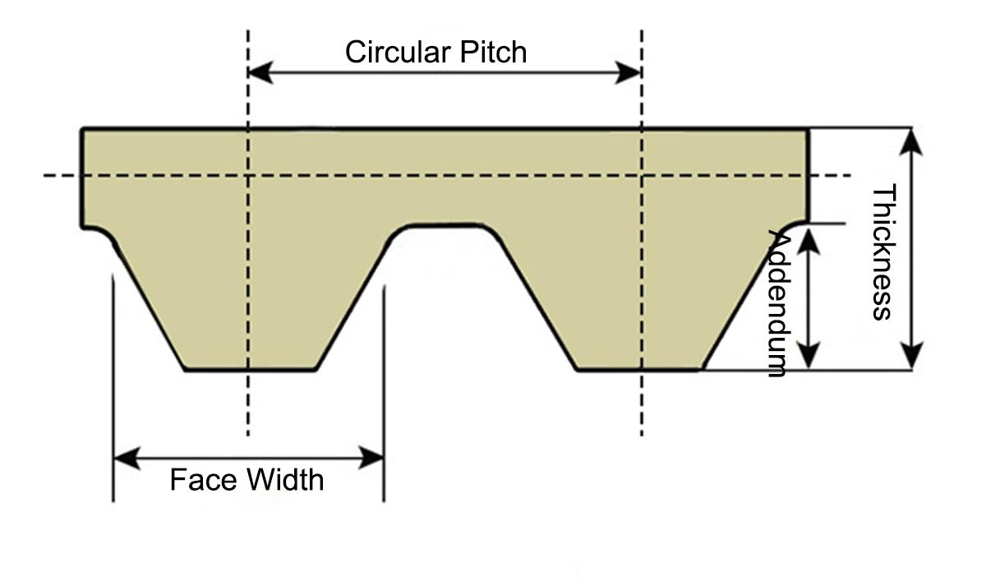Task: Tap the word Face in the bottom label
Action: click(x=197, y=479)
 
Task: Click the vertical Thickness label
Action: click(x=882, y=252)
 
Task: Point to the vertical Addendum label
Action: click(x=777, y=302)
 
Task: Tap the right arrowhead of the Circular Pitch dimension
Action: click(x=630, y=72)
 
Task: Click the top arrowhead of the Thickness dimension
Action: click(x=910, y=141)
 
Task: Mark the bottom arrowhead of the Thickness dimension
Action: click(x=910, y=358)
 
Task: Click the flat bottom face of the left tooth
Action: click(x=250, y=370)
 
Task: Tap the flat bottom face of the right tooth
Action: click(x=639, y=370)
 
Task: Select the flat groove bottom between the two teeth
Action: click(x=444, y=225)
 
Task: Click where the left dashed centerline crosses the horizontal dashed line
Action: click(x=247, y=175)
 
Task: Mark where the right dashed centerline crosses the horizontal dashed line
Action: click(x=641, y=175)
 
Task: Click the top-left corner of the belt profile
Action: click(x=83, y=129)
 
